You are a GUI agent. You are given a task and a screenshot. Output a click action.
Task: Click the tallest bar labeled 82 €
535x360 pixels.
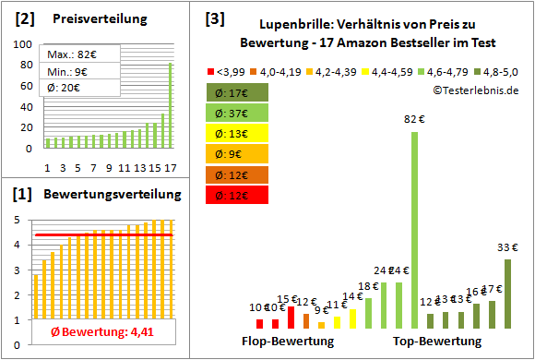(414, 229)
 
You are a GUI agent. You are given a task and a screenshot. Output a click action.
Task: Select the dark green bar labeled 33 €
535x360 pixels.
(507, 294)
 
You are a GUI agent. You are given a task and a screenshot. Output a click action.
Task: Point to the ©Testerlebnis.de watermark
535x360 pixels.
(473, 90)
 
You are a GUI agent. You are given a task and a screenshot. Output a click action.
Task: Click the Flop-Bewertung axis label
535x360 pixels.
(288, 342)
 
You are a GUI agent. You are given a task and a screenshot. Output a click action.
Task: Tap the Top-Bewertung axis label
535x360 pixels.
(437, 342)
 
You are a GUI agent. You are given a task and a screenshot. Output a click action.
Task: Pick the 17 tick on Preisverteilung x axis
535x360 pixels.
(170, 167)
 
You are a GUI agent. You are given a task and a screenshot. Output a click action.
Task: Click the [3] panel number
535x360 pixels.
(214, 18)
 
